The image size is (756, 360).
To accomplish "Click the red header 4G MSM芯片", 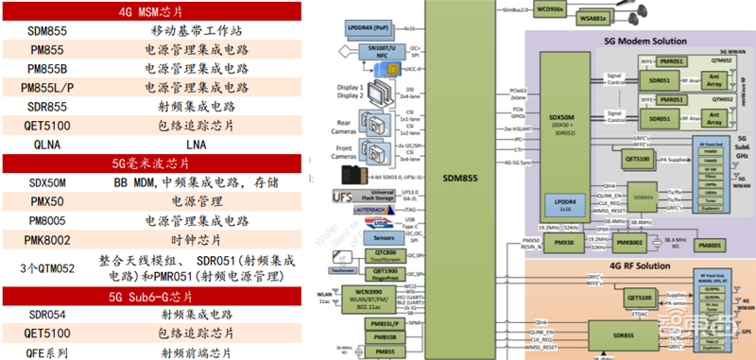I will (x=152, y=11).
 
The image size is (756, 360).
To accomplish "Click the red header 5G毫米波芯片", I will (x=152, y=163).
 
